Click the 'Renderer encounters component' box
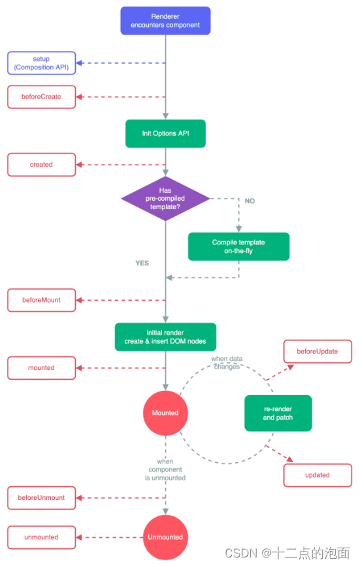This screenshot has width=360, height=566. [x=165, y=20]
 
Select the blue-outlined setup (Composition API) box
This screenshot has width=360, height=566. [x=41, y=63]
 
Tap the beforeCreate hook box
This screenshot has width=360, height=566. [x=41, y=97]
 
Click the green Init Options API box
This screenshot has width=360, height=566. [x=165, y=133]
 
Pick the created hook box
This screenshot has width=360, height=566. [x=41, y=165]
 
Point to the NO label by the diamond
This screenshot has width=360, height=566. [x=250, y=201]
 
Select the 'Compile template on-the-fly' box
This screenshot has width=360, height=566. [x=238, y=246]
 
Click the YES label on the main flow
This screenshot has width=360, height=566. [x=142, y=263]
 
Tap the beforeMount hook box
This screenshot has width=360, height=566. [x=41, y=300]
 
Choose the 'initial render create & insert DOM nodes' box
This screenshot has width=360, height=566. [x=165, y=337]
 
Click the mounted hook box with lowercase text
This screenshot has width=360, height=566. [x=41, y=368]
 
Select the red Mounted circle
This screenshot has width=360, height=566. [x=165, y=413]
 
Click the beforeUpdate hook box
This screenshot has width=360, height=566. [x=317, y=352]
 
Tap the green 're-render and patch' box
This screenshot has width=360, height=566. [x=278, y=413]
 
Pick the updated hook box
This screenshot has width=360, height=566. [x=317, y=475]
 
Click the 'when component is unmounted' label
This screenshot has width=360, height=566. [x=166, y=470]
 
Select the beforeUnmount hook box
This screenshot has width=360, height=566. [x=41, y=498]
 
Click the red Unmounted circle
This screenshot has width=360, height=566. [x=165, y=537]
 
